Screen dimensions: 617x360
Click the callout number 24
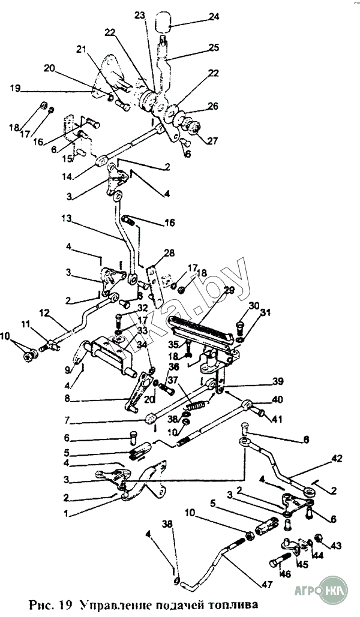tap(214, 17)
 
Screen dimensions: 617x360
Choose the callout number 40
tap(277, 399)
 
